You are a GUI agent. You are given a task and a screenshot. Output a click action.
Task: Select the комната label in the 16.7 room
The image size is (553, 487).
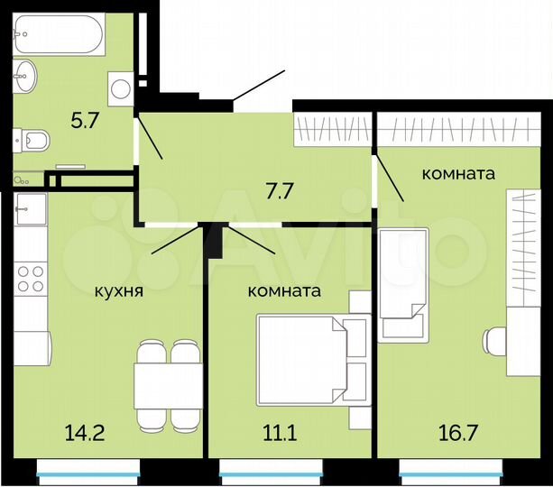pyautogui.click(x=458, y=174)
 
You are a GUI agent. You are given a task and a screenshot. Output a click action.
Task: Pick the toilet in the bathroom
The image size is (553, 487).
pyautogui.click(x=32, y=140)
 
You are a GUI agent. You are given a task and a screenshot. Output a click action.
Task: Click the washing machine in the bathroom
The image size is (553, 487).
pyautogui.click(x=120, y=87)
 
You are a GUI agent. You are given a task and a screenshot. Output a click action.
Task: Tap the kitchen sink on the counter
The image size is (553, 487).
pyautogui.click(x=29, y=208)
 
